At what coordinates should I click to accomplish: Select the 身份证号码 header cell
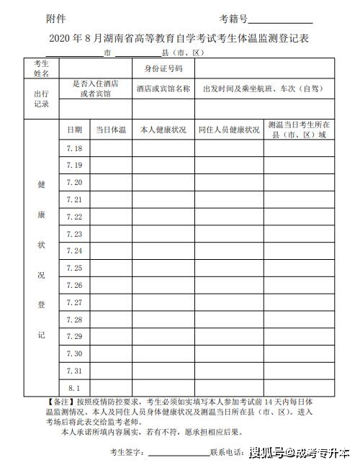pyautogui.click(x=163, y=68)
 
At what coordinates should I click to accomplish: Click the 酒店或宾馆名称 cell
pyautogui.click(x=163, y=89)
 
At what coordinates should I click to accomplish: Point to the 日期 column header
pyautogui.click(x=74, y=130)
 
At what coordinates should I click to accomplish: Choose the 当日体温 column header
pyautogui.click(x=111, y=130)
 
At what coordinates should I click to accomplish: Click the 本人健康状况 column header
pyautogui.click(x=163, y=130)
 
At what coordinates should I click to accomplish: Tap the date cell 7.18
pyautogui.click(x=74, y=148)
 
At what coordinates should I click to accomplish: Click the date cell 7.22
pyautogui.click(x=74, y=217)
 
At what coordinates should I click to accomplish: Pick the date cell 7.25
pyautogui.click(x=74, y=268)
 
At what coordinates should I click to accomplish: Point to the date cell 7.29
pyautogui.click(x=74, y=336)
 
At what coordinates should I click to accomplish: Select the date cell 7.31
pyautogui.click(x=74, y=371)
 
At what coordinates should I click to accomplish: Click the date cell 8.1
pyautogui.click(x=74, y=387)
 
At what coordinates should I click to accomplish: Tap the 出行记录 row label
pyautogui.click(x=41, y=99)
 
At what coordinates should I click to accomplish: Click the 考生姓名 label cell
pyautogui.click(x=41, y=68)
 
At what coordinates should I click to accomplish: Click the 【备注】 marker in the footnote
pyautogui.click(x=58, y=400)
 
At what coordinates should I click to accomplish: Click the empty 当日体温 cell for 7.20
pyautogui.click(x=111, y=182)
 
